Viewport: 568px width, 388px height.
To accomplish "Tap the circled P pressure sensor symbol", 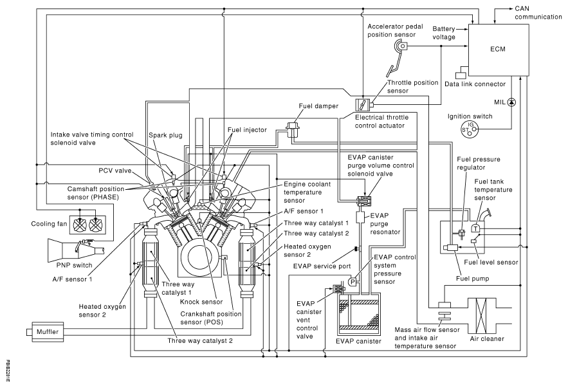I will tap(353, 281).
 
